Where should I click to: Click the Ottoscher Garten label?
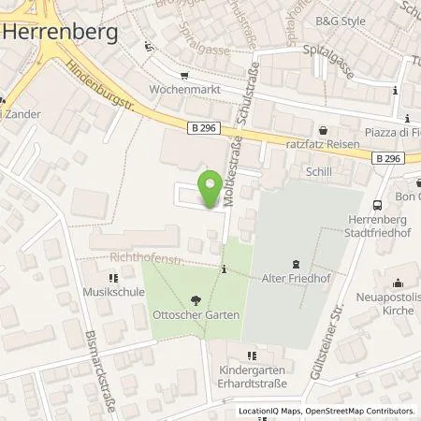196,315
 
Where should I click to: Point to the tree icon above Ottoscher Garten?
196,300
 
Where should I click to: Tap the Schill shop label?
319,172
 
